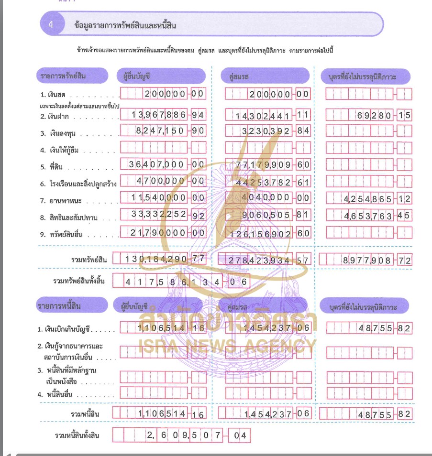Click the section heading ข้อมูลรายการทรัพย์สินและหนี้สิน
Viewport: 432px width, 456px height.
click(125, 25)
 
